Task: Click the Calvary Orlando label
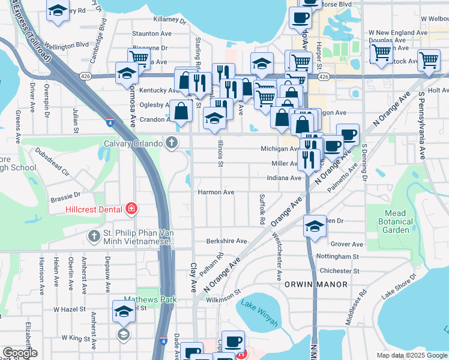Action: [x=133, y=144]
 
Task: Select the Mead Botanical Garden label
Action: [x=396, y=221]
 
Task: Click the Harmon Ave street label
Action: [x=215, y=193]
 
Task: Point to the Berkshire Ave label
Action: [x=226, y=241]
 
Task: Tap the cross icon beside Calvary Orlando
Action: [x=172, y=143]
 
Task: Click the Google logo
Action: [x=20, y=353]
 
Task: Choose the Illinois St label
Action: [x=221, y=155]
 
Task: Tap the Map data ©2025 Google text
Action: [x=411, y=355]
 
